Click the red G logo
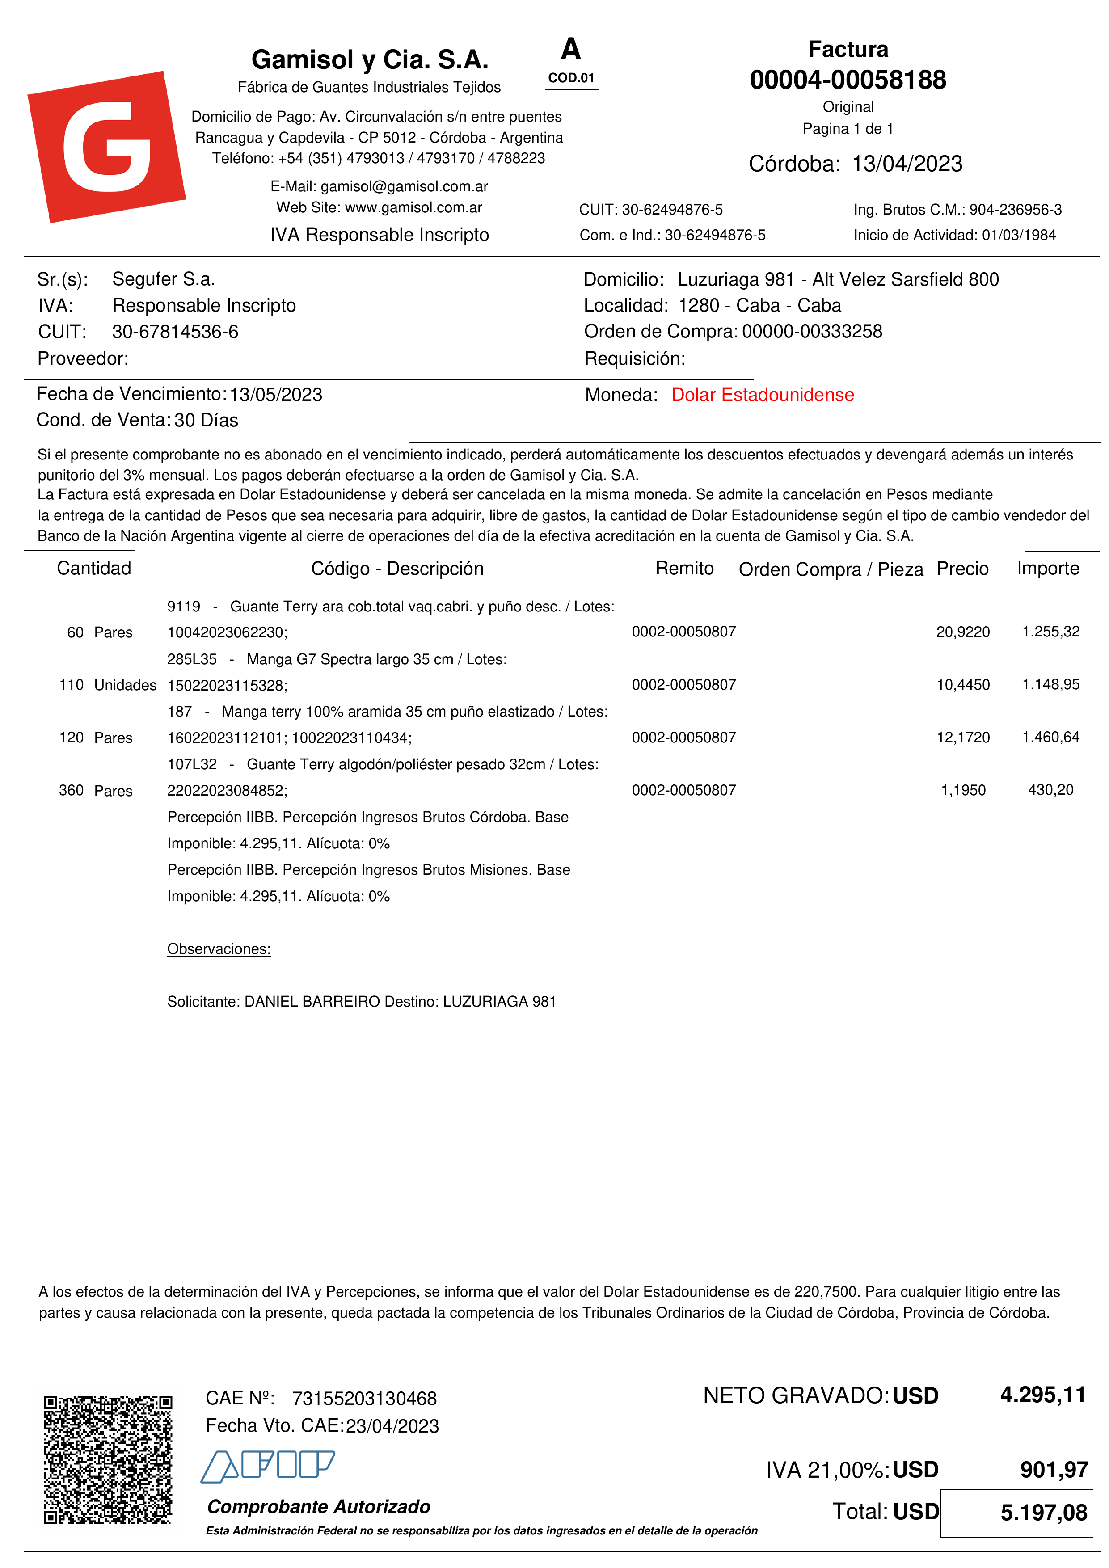(106, 146)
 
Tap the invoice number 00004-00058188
(848, 80)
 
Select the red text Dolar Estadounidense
(762, 395)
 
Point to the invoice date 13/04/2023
(907, 164)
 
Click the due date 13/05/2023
(276, 395)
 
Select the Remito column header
(684, 568)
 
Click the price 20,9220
(962, 632)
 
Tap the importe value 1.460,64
(1050, 738)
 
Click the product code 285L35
(192, 659)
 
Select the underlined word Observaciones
(219, 948)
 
